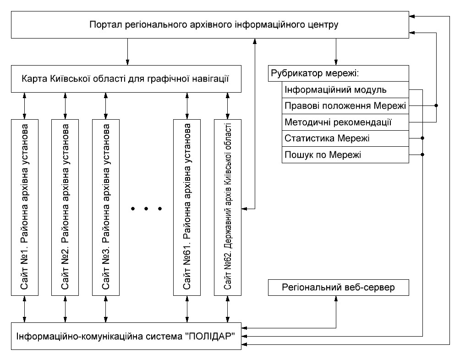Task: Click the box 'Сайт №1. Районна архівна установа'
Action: (x=25, y=207)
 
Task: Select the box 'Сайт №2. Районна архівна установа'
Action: (x=65, y=207)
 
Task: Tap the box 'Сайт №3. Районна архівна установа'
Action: (x=106, y=207)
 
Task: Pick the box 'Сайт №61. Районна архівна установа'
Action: (x=187, y=207)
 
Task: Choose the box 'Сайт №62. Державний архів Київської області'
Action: (x=228, y=207)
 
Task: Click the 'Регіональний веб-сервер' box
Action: (x=339, y=288)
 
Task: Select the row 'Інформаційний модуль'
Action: (x=345, y=89)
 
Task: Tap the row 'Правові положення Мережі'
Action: (x=345, y=106)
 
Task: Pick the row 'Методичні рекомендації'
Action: (x=345, y=122)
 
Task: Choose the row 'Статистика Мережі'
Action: (x=345, y=138)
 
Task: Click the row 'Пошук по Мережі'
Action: (x=345, y=155)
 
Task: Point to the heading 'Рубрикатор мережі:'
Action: (x=315, y=73)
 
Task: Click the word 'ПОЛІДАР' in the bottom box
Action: (x=210, y=336)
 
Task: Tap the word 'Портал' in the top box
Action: (x=106, y=24)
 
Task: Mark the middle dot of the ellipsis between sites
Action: (x=146, y=209)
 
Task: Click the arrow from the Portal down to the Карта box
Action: (x=128, y=52)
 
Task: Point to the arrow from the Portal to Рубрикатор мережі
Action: (x=336, y=52)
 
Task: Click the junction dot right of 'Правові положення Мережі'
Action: (x=436, y=105)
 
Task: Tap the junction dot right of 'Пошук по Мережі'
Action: (x=422, y=155)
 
